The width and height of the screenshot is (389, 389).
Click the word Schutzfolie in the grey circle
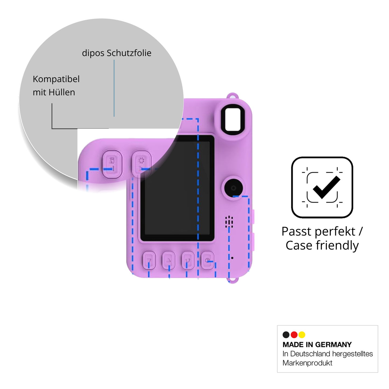[129, 53]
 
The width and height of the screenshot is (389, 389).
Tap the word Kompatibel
[56, 79]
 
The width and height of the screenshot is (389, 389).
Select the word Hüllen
[62, 92]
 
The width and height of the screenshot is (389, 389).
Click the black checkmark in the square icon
[326, 187]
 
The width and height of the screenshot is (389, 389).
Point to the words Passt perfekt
[318, 231]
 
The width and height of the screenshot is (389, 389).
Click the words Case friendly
[322, 246]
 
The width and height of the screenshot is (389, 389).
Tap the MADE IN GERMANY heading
[317, 345]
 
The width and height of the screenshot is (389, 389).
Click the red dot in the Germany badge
[294, 335]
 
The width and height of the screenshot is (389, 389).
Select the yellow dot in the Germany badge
[302, 335]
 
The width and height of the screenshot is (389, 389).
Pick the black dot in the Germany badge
[286, 335]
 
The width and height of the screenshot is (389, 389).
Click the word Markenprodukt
[307, 363]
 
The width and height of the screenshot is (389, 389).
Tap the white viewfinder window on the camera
[233, 120]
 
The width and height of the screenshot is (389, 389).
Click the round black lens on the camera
[233, 188]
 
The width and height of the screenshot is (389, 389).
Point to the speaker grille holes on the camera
[229, 222]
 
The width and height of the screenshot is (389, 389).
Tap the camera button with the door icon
[112, 164]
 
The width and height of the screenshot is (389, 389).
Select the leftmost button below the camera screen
[149, 260]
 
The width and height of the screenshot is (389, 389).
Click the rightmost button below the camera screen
[208, 260]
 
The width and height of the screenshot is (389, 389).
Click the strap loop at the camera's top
[233, 96]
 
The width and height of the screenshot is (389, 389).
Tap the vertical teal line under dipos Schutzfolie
[114, 88]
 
